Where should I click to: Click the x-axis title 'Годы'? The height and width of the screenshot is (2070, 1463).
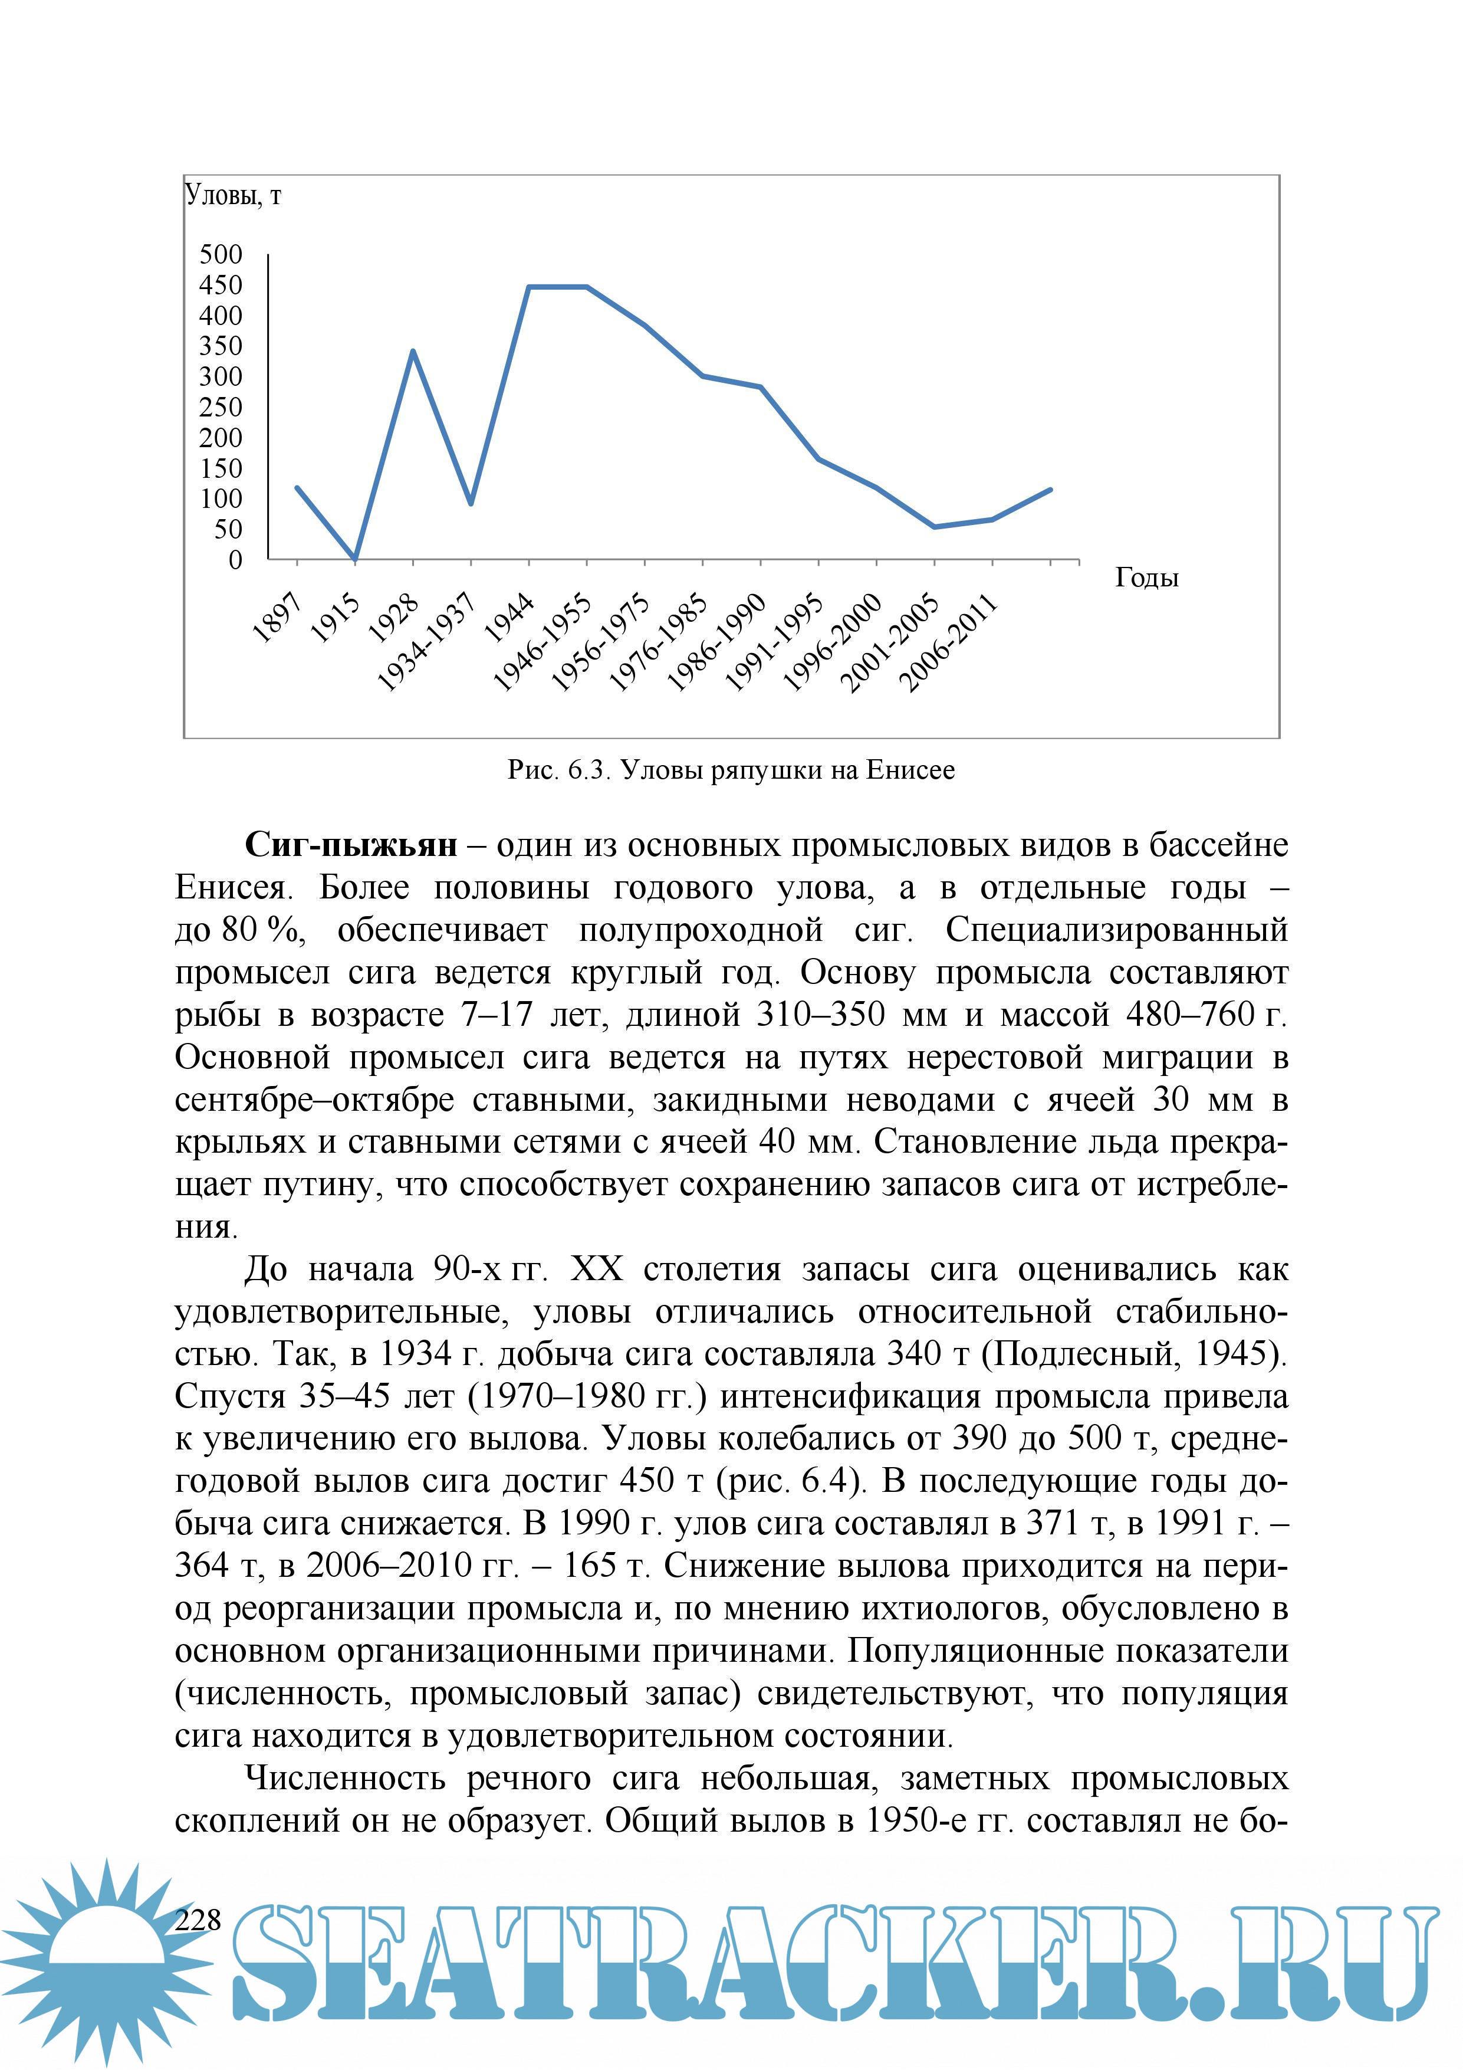1146,577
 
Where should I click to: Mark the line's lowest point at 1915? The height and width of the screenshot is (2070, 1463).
355,559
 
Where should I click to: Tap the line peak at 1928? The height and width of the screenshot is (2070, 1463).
413,351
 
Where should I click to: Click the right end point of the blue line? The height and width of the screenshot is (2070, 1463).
1051,490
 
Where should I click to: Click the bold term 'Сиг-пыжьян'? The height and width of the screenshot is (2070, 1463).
351,845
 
